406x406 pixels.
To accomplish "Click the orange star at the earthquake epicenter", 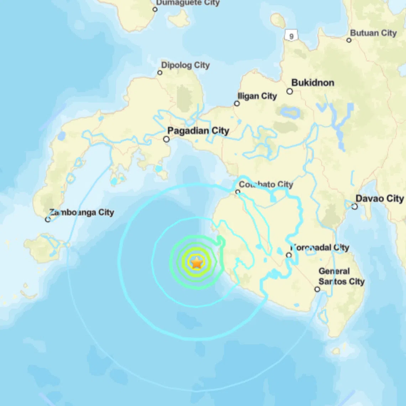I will [x=197, y=263].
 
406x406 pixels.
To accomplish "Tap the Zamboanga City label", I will [x=82, y=213].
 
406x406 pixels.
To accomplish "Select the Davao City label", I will [x=380, y=199].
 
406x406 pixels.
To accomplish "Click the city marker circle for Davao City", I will [x=354, y=207].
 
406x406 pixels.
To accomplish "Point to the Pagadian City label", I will [x=198, y=131].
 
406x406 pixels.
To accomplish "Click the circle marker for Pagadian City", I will [x=166, y=139].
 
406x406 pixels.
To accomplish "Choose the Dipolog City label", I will [x=185, y=65].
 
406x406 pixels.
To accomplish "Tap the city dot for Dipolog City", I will [x=160, y=73].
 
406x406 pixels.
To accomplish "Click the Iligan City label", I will [x=257, y=96].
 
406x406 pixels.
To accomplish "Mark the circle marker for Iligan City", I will [x=237, y=104].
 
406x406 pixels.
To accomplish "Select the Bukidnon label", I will [x=313, y=83].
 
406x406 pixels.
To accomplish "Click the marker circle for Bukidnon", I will [x=290, y=92].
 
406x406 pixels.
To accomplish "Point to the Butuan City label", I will [x=373, y=33].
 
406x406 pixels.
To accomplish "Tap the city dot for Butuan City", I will [x=349, y=40].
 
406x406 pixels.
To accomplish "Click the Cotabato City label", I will [x=266, y=184].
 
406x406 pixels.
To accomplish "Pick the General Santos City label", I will [x=341, y=276].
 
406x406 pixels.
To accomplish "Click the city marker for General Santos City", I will [x=317, y=290].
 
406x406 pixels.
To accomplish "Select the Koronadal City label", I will [x=320, y=248].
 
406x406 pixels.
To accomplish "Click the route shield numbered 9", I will [x=291, y=36].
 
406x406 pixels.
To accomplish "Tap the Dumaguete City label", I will [x=188, y=3].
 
